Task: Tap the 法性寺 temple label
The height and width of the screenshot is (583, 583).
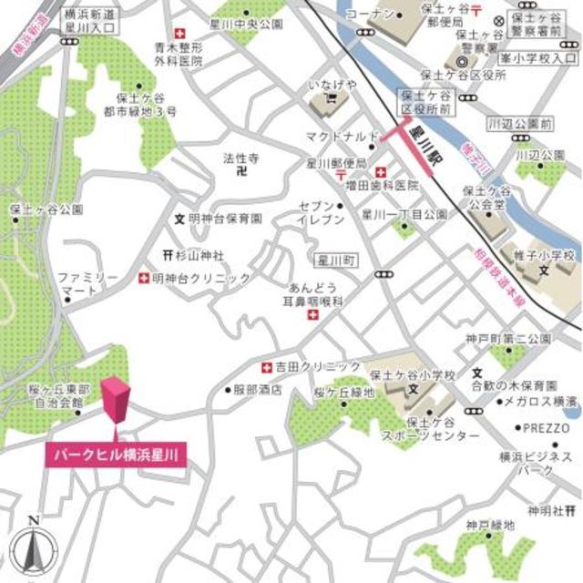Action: click(241, 157)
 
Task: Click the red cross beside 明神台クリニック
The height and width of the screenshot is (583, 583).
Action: click(144, 278)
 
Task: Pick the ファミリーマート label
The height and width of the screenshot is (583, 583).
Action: click(88, 283)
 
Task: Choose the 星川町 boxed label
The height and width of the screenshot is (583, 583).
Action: click(333, 261)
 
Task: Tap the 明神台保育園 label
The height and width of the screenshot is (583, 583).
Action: click(225, 220)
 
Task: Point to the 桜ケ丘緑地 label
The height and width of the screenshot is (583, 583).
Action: click(343, 393)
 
